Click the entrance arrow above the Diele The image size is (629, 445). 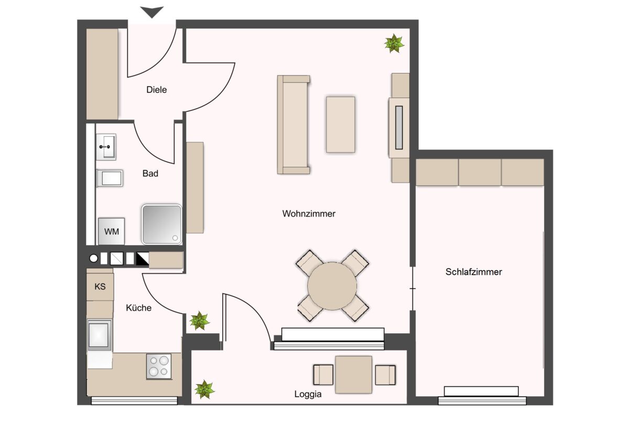pyautogui.click(x=152, y=12)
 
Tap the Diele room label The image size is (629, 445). pyautogui.click(x=156, y=90)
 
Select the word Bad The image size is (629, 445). pyautogui.click(x=150, y=174)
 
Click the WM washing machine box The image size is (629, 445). pyautogui.click(x=112, y=231)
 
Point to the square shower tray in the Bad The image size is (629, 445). pyautogui.click(x=162, y=224)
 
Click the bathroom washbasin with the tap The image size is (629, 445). pyautogui.click(x=106, y=147)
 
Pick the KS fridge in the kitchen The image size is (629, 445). pyautogui.click(x=100, y=287)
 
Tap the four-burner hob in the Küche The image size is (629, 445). pyautogui.click(x=159, y=366)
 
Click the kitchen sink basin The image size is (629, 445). pyautogui.click(x=99, y=335)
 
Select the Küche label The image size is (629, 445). pyautogui.click(x=138, y=308)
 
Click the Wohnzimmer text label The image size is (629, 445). pyautogui.click(x=309, y=214)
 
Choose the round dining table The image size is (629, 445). pyautogui.click(x=332, y=286)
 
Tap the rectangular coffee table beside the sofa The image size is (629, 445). pyautogui.click(x=340, y=124)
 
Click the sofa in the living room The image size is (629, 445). pyautogui.click(x=294, y=124)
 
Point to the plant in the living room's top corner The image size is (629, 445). pyautogui.click(x=394, y=44)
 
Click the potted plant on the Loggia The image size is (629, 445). pyautogui.click(x=204, y=389)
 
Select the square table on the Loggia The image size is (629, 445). pyautogui.click(x=354, y=375)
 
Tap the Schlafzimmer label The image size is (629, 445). pyautogui.click(x=473, y=272)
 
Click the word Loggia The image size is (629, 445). pyautogui.click(x=308, y=394)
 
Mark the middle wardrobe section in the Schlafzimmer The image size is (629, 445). pyautogui.click(x=480, y=172)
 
